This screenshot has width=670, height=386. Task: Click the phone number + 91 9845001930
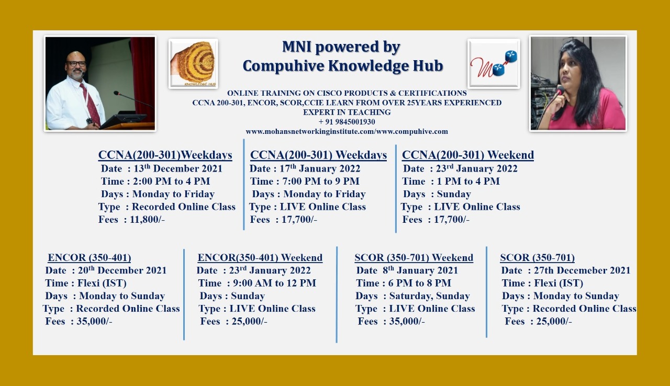347,122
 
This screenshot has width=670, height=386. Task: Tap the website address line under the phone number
347,131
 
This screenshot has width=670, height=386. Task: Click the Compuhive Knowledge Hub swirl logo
193,64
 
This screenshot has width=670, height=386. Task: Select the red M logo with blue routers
494,64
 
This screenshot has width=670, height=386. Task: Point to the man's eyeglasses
76,63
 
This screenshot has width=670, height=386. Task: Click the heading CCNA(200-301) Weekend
468,155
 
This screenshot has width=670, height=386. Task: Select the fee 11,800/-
147,220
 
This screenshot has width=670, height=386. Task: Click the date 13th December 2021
177,168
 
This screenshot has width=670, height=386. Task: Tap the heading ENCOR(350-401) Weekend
260,257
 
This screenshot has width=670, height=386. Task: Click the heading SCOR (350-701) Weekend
414,257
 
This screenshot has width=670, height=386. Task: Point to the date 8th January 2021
420,270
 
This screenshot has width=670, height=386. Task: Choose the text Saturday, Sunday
430,296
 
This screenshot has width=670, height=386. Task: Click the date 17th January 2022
320,168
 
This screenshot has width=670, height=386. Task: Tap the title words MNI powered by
341,47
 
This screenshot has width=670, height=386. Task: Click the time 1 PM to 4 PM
468,181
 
